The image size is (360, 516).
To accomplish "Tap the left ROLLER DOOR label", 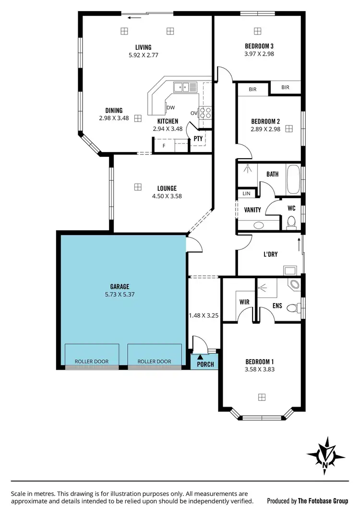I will (x=92, y=362).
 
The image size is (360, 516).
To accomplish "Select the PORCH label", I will (x=205, y=364).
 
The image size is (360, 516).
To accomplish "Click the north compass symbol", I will (x=325, y=454).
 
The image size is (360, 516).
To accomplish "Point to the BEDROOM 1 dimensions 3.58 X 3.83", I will (x=260, y=369).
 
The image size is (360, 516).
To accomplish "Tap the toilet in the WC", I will (x=290, y=222).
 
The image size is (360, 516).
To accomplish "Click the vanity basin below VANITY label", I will (x=258, y=225).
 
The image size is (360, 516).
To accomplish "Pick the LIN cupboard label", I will (x=247, y=194).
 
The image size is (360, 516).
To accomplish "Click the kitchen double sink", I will (x=185, y=87).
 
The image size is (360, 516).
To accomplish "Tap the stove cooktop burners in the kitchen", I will (x=205, y=113).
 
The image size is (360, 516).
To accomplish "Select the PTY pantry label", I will (x=198, y=139).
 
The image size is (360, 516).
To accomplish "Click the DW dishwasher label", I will (x=170, y=107).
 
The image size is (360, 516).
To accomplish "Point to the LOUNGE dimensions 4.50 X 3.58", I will (x=167, y=196).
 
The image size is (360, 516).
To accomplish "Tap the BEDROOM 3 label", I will (x=259, y=46).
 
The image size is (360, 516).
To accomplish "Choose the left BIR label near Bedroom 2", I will (x=252, y=89).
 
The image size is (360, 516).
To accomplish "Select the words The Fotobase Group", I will (x=323, y=501).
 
